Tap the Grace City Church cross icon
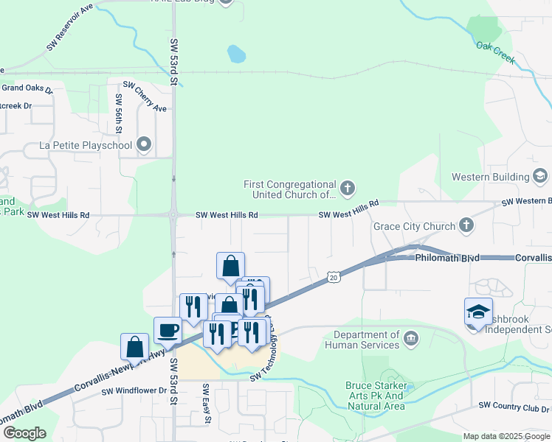(x=466, y=225)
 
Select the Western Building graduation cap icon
(x=540, y=176)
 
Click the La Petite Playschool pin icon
(x=144, y=145)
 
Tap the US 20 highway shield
(x=334, y=276)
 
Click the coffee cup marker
(x=168, y=330)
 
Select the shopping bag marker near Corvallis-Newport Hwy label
(x=134, y=346)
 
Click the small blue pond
(x=236, y=54)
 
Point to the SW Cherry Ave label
(x=145, y=97)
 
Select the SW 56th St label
(x=118, y=113)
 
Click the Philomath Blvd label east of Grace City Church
(x=447, y=258)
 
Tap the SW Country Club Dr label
(x=513, y=405)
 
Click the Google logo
(x=24, y=432)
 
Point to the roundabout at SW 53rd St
(x=173, y=216)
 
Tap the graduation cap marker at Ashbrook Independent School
(x=478, y=311)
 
